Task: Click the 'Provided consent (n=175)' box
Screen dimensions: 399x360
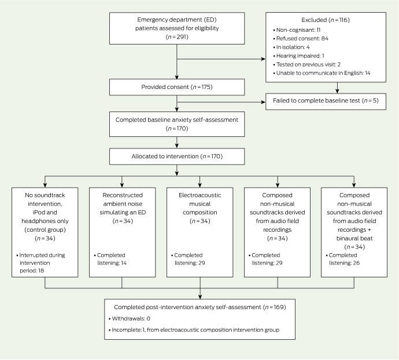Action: (177, 87)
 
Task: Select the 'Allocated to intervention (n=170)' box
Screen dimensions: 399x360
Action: (177, 157)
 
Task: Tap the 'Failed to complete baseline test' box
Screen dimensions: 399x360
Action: (326, 102)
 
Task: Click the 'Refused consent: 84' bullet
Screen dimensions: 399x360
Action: (301, 38)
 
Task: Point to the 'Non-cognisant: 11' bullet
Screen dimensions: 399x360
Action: (297, 29)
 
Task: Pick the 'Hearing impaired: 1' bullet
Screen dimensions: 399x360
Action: (298, 55)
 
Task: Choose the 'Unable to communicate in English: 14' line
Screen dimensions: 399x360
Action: (322, 73)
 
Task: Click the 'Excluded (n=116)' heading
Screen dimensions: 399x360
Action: (326, 20)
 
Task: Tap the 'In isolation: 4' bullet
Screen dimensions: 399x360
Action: (291, 47)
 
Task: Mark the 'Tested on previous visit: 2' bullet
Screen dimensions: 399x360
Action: (306, 64)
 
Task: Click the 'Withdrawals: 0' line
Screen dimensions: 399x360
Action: (130, 318)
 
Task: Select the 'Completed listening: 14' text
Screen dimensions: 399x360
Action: (110, 259)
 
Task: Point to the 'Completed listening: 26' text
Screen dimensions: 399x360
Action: (343, 259)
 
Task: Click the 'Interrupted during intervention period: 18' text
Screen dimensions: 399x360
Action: (40, 262)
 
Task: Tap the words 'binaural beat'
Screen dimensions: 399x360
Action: (354, 238)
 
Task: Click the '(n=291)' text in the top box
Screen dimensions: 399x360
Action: (177, 37)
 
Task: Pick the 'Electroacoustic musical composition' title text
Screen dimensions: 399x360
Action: (199, 203)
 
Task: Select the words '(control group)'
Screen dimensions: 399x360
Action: (45, 229)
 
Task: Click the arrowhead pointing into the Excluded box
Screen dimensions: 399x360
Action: (263, 59)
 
